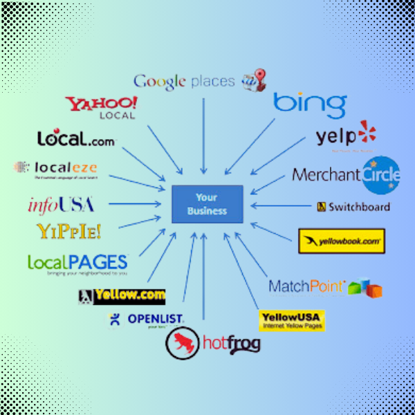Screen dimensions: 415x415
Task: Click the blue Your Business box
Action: coord(207,203)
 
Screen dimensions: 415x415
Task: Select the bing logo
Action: coord(309,104)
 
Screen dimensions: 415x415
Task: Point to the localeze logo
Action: coord(57,168)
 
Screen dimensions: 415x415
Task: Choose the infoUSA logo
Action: coord(61,205)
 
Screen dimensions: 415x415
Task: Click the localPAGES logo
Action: coord(77,264)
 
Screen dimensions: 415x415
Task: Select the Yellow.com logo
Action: coord(122,296)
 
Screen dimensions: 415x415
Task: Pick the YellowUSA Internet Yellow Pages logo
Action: coord(291,320)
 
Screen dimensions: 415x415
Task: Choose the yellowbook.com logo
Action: coord(341,241)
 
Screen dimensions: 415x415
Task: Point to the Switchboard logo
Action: coord(353,206)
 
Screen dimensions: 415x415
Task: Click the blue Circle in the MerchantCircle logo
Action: coord(380,174)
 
